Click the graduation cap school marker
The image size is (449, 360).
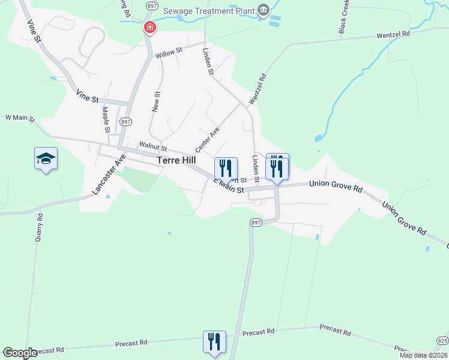click(x=46, y=158)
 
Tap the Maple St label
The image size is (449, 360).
click(x=106, y=119)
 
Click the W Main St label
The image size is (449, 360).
click(x=20, y=118)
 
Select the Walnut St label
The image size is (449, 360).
click(x=152, y=145)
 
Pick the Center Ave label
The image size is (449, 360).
click(x=206, y=139)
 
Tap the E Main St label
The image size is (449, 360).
click(x=229, y=187)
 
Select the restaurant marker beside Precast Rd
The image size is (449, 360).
click(x=214, y=342)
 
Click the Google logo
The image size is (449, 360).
click(x=20, y=353)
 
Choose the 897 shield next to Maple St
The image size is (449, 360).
click(x=125, y=122)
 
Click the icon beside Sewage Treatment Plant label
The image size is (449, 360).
click(x=263, y=10)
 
